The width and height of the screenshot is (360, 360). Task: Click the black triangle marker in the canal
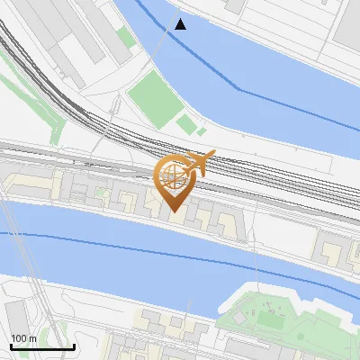coord(181,24)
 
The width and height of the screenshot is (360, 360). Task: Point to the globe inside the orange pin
coord(173,174)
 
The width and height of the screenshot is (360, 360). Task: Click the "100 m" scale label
coord(24,338)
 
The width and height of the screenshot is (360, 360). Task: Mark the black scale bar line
coord(42,346)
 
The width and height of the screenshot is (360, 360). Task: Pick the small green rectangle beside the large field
coord(186,124)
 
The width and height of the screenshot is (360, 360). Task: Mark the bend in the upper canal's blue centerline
coord(238,88)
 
